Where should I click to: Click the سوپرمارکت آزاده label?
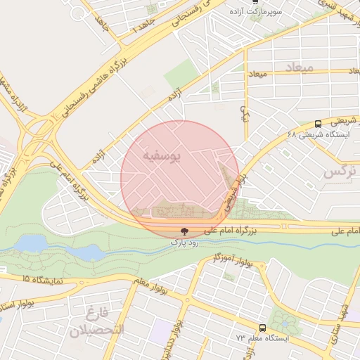click(x=257, y=13)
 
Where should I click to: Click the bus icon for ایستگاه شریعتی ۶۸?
click(x=318, y=123)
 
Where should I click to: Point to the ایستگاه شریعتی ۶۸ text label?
click(x=318, y=135)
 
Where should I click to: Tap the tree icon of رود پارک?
click(x=184, y=231)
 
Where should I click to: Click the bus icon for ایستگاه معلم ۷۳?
click(x=262, y=328)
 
